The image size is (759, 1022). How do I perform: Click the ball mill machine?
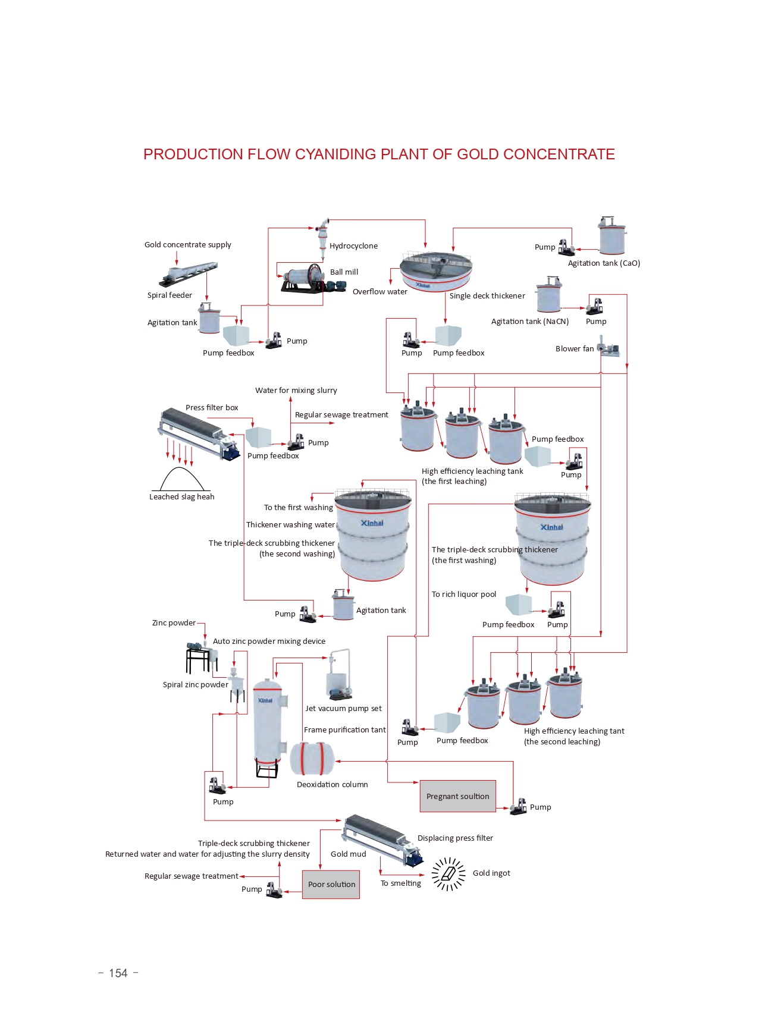[x=306, y=278]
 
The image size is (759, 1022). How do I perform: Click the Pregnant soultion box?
[x=457, y=796]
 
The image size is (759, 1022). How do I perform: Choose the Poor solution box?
[x=331, y=884]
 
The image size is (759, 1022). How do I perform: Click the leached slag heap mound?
[x=181, y=480]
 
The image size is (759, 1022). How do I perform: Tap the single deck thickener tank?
[x=436, y=271]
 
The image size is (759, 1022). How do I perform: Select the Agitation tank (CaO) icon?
[x=612, y=236]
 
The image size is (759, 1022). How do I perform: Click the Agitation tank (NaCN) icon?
[x=549, y=295]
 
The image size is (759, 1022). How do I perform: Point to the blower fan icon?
[x=608, y=348]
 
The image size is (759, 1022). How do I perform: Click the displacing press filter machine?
[x=384, y=839]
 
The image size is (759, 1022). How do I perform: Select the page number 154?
[x=118, y=973]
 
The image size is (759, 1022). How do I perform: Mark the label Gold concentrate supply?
[x=187, y=244]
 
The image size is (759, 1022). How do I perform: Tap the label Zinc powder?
[x=174, y=622]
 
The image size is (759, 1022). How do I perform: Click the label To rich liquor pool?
[x=463, y=594]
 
